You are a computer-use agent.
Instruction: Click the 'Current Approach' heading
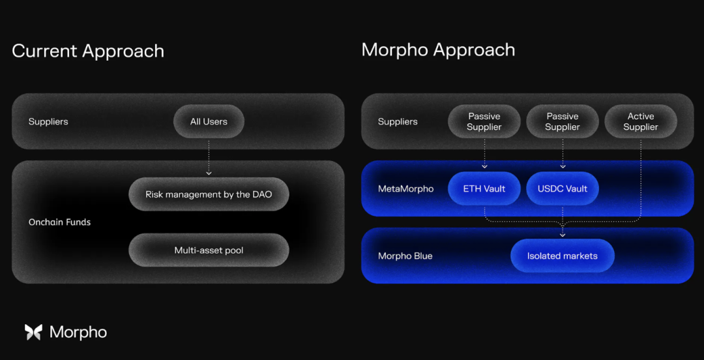coord(88,51)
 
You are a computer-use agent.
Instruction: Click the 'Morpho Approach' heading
coord(438,50)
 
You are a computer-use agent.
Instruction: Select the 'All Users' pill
coord(209,121)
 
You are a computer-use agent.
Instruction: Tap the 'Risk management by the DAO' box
coord(209,194)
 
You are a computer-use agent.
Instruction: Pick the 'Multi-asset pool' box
coord(209,250)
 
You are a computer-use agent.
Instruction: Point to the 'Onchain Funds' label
coord(59,222)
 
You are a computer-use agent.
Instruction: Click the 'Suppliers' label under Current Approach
coord(48,121)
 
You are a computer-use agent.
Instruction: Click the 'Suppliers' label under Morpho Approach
coord(398,121)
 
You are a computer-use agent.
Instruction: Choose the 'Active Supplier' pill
coord(641,121)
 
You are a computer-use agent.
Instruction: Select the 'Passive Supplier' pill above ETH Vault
coord(484,121)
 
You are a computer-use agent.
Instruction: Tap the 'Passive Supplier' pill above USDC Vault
coord(563,121)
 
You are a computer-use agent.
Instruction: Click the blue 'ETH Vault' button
coord(484,188)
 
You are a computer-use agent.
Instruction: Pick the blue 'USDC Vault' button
coord(563,188)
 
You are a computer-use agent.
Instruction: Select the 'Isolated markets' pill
coord(563,256)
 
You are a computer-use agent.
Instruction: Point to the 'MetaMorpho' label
coord(405,188)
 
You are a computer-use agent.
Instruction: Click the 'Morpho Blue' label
coord(405,256)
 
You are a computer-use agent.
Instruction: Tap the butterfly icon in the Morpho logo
coord(33,332)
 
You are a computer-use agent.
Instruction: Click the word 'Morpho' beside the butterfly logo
coord(78,332)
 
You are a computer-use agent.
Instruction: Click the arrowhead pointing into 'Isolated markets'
coord(563,235)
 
